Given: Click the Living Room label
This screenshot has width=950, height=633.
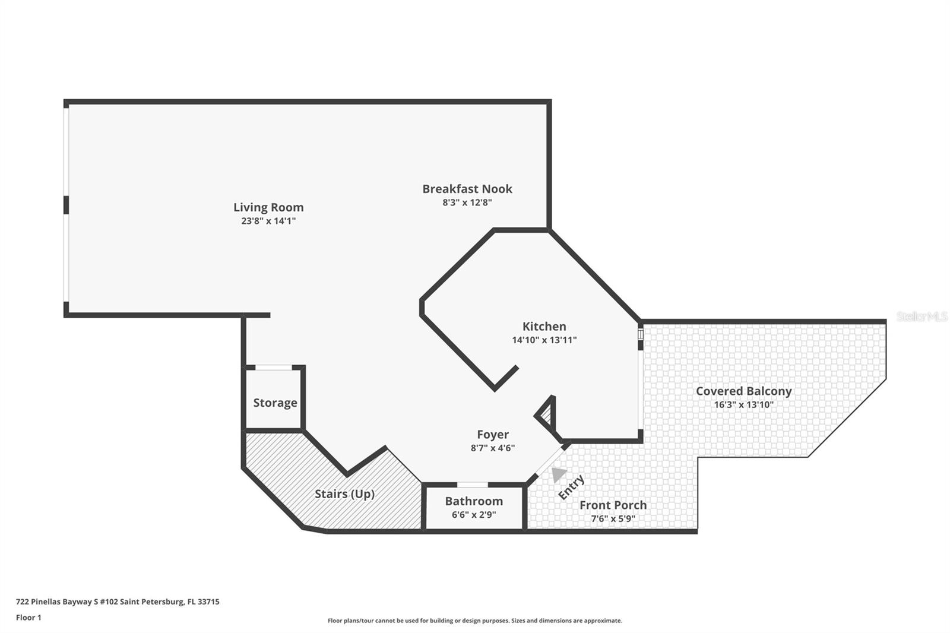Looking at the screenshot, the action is tap(268, 207).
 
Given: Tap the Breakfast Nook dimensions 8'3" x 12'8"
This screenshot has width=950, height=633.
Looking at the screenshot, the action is tap(467, 202).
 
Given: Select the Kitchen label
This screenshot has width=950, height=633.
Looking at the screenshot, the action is tap(544, 326).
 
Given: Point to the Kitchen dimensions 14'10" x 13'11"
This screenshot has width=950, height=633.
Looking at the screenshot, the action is tap(544, 340).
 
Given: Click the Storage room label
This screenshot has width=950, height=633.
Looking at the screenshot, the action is tap(275, 403).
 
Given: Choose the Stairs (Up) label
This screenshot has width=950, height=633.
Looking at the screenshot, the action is tap(344, 494).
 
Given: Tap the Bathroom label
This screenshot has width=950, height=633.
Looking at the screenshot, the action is tap(474, 501).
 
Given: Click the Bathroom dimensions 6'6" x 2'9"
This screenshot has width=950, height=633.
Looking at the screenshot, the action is tap(474, 515).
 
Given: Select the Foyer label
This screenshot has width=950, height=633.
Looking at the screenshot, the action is tap(492, 435).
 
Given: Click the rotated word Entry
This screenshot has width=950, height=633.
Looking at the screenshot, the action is tap(571, 487).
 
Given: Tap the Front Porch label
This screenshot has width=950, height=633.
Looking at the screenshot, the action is tap(613, 505).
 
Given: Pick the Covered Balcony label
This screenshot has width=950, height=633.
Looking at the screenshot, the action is tap(743, 391).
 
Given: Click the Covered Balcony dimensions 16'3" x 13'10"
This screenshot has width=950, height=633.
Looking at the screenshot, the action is tap(743, 405).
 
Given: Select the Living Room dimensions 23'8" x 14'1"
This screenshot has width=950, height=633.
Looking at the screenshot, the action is tap(268, 221).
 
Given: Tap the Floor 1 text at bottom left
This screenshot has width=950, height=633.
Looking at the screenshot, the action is tap(29, 618).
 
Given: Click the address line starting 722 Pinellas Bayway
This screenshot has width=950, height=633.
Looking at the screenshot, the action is tap(118, 602).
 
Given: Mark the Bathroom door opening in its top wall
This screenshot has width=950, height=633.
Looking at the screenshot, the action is tap(472, 485).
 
